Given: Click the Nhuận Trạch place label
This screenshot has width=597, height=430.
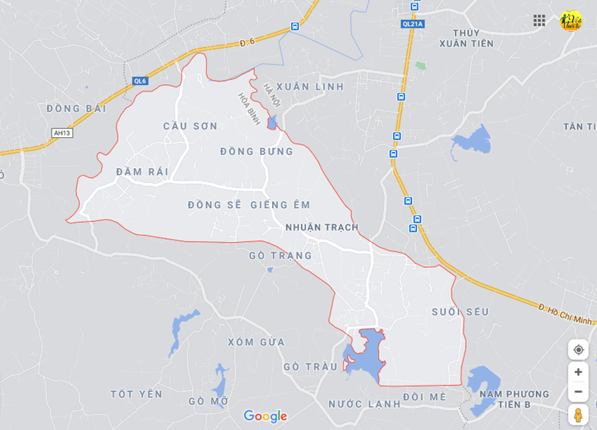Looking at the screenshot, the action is click(x=321, y=227).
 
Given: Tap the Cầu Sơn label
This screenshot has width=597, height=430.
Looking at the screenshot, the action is click(x=190, y=126).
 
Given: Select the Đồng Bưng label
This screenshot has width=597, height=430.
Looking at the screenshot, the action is click(x=256, y=152).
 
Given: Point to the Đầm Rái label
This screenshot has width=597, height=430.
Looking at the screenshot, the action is click(x=142, y=172).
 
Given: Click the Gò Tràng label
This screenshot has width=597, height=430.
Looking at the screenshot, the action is click(x=280, y=256).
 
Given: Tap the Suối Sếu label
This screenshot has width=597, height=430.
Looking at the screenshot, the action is click(x=460, y=312).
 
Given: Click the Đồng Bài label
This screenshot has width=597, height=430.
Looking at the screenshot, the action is click(x=76, y=108).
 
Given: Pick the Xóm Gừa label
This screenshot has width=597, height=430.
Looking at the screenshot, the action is click(x=256, y=342).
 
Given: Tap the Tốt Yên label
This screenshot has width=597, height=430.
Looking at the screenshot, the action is click(x=136, y=395).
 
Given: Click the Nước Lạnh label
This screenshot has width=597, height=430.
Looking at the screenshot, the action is click(x=364, y=404).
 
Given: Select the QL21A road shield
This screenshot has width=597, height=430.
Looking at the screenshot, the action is click(x=413, y=24).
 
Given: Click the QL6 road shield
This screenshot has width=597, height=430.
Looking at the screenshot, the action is click(x=140, y=81).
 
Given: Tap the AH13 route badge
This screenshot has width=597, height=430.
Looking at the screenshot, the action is click(x=62, y=133).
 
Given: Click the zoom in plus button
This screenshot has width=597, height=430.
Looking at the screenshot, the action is click(x=578, y=372).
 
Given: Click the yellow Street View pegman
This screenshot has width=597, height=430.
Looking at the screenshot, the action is click(x=578, y=415).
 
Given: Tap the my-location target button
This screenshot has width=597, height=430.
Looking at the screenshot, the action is click(x=578, y=349).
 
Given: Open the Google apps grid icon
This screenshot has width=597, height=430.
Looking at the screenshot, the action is click(x=540, y=21).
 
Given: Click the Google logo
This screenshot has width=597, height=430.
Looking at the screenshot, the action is click(x=265, y=417).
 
